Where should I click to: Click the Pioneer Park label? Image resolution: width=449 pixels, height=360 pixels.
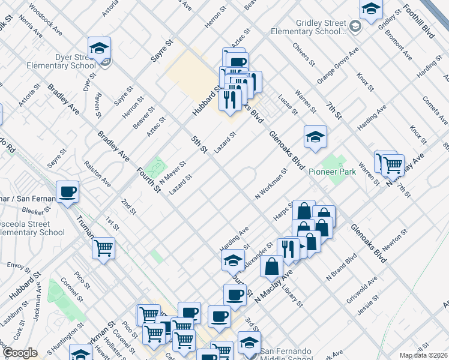(332, 172)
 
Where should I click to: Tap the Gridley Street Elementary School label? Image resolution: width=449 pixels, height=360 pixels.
(308, 27)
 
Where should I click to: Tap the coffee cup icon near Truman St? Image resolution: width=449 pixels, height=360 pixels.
(68, 192)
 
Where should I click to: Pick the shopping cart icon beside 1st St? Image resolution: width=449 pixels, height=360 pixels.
(104, 247)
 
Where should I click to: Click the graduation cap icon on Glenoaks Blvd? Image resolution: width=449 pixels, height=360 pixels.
(315, 137)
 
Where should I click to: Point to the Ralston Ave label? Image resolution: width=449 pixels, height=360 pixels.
(97, 173)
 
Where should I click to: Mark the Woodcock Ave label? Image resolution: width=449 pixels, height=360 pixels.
(46, 21)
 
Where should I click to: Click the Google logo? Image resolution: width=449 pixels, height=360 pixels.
(20, 353)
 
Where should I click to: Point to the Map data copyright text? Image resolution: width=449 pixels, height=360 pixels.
(423, 355)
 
